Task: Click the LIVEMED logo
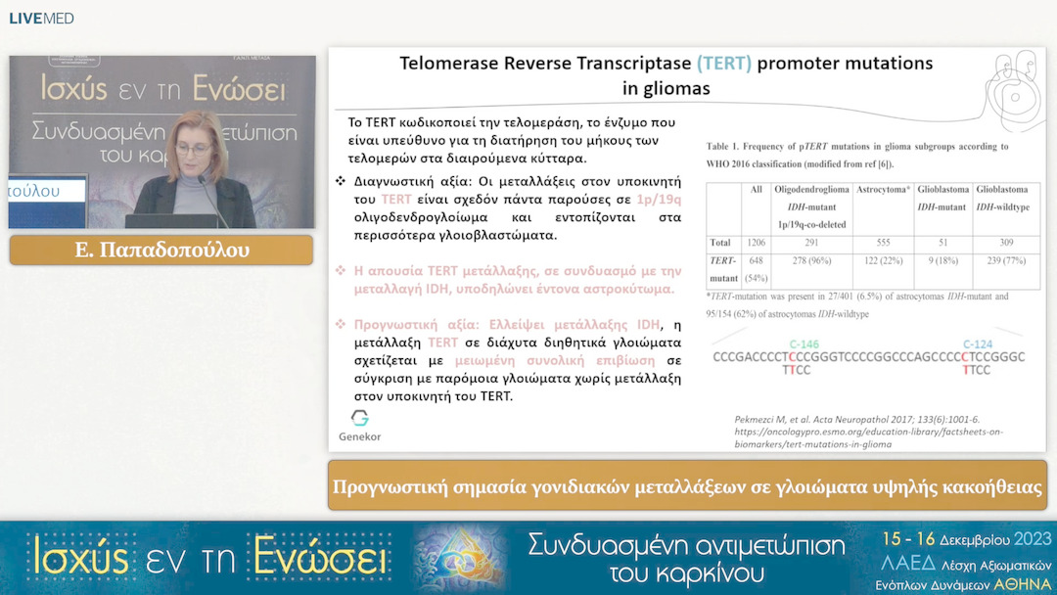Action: click(41, 19)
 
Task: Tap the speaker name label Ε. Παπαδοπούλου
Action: click(161, 251)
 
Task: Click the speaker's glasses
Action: click(194, 152)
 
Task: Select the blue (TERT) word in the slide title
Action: click(724, 65)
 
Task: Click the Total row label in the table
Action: click(722, 242)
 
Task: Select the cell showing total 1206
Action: click(756, 242)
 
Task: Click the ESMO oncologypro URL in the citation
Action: click(869, 432)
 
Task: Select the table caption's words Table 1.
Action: click(729, 146)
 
